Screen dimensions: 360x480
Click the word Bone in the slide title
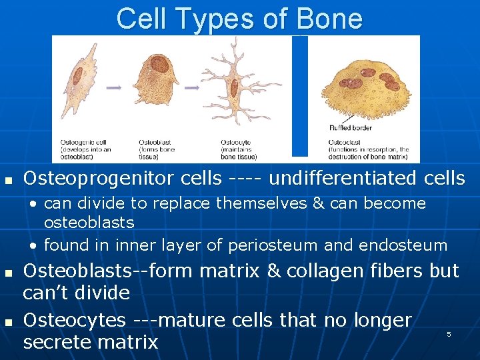tap(331, 19)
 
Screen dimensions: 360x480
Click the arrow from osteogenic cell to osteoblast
tap(114, 87)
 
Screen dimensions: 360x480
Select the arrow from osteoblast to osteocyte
tap(192, 87)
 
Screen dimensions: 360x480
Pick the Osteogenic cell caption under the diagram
tap(81, 143)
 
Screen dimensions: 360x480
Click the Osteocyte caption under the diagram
tap(237, 143)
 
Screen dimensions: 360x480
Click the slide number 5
tap(449, 333)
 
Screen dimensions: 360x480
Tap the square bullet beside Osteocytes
tap(8, 321)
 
